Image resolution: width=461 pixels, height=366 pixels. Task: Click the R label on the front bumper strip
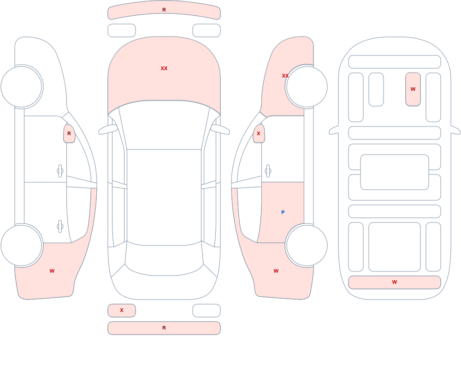pyautogui.click(x=164, y=10)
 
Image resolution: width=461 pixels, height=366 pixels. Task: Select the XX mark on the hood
pyautogui.click(x=164, y=68)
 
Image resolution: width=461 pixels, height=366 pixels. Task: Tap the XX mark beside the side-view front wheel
pyautogui.click(x=285, y=76)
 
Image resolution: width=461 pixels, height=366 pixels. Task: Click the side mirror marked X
pyautogui.click(x=259, y=133)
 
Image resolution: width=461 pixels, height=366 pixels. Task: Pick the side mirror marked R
pyautogui.click(x=69, y=133)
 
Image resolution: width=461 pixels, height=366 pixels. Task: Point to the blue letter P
pyautogui.click(x=283, y=212)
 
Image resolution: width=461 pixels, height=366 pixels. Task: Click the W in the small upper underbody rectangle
pyautogui.click(x=413, y=89)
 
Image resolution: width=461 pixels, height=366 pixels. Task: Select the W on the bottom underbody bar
pyautogui.click(x=395, y=282)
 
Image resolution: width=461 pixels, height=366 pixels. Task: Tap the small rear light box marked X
pyautogui.click(x=122, y=310)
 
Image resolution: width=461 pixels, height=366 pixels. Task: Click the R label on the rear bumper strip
pyautogui.click(x=164, y=328)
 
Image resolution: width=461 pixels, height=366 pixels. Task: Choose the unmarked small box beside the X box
pyautogui.click(x=207, y=310)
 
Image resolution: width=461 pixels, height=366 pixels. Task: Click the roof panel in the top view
pyautogui.click(x=164, y=197)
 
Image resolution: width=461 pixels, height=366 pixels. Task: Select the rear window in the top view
pyautogui.click(x=164, y=259)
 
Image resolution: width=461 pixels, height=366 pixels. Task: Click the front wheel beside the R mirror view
pyautogui.click(x=22, y=87)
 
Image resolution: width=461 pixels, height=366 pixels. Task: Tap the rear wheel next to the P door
pyautogui.click(x=307, y=246)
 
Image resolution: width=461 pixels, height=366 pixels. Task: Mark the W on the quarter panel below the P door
pyautogui.click(x=276, y=271)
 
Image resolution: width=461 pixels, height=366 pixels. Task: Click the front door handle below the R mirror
pyautogui.click(x=60, y=171)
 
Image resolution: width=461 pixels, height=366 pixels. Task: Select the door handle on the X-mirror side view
pyautogui.click(x=268, y=171)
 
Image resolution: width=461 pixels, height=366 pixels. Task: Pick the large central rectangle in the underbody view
pyautogui.click(x=395, y=172)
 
